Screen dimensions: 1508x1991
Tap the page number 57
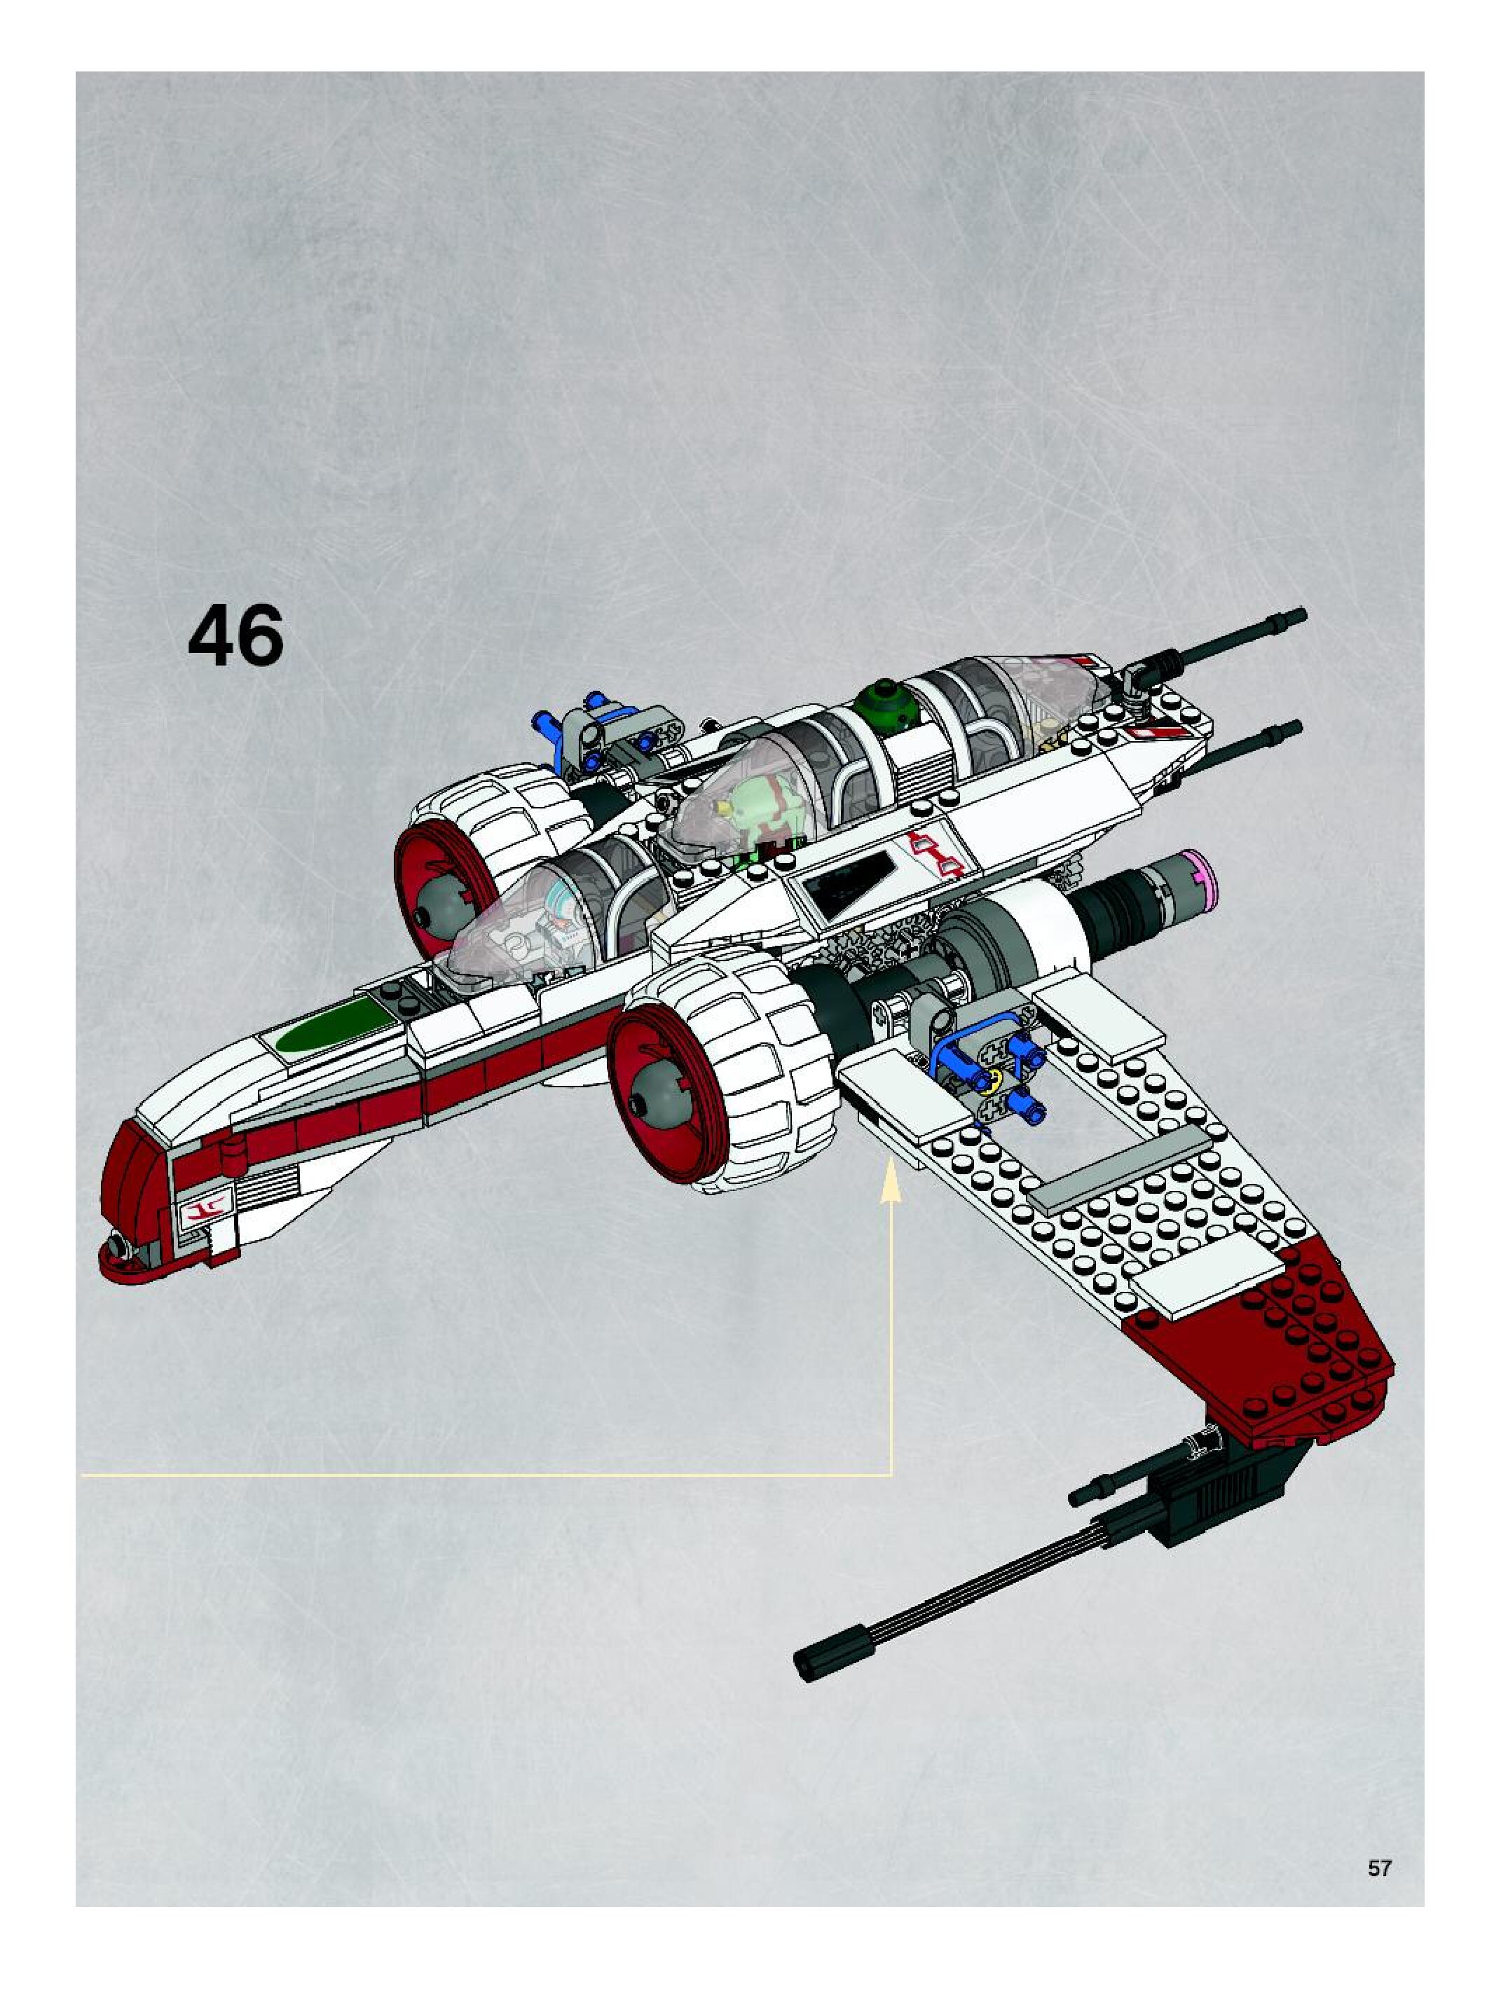1379,1868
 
